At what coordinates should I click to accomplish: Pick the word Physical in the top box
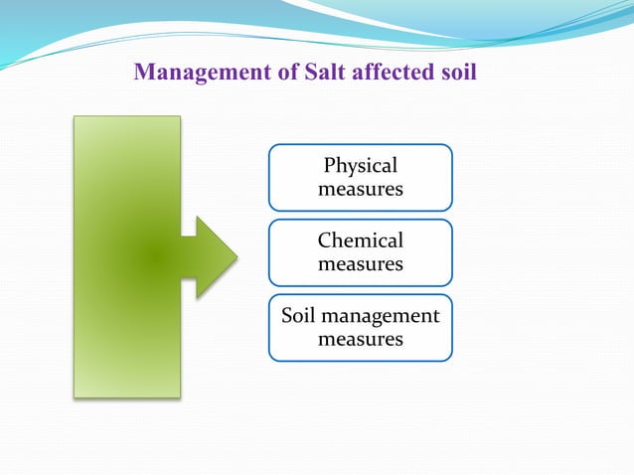(361, 166)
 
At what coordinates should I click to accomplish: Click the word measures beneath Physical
(361, 189)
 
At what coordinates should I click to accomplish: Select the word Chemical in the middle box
(361, 241)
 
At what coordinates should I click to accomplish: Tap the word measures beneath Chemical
(361, 264)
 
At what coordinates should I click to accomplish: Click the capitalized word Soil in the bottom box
(298, 317)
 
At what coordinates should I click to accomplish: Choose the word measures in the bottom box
(361, 340)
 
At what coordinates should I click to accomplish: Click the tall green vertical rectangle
(126, 256)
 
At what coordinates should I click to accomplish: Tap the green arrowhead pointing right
(212, 257)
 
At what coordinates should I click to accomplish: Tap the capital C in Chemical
(324, 241)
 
